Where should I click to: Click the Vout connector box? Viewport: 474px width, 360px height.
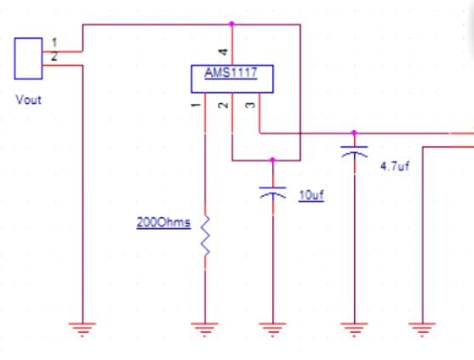point(28,58)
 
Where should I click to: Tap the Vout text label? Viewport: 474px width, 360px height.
point(28,100)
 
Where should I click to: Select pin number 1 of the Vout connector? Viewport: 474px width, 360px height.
point(54,42)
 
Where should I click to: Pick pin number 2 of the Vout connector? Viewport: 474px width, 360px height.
point(54,56)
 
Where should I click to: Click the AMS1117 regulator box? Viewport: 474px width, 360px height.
point(231,78)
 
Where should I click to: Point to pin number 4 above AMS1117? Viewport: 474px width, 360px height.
point(222,54)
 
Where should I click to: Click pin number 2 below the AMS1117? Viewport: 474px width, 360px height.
point(222,105)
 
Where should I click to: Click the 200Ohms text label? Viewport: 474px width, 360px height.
point(163,223)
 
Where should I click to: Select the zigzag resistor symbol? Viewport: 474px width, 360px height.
point(205,236)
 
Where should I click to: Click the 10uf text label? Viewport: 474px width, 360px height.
point(311,195)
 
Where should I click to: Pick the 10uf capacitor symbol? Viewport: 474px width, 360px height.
point(272,193)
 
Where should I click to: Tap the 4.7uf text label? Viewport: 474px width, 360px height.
point(395,166)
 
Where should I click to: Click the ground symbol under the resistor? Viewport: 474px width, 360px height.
point(205,329)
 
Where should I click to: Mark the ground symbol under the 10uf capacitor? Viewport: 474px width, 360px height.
point(272,329)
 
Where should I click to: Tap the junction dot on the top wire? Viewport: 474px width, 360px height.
point(231,25)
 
